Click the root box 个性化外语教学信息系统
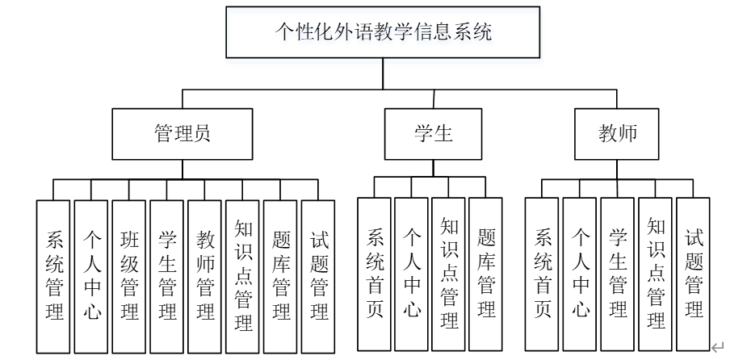(383, 32)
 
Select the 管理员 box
(182, 134)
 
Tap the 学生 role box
(433, 134)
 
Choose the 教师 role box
(616, 134)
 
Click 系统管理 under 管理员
(53, 276)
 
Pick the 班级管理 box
(129, 276)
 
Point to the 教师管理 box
(204, 276)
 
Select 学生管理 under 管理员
(166, 276)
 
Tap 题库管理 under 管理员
(280, 276)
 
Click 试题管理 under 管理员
(318, 276)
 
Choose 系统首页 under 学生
(374, 274)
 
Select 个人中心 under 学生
(411, 274)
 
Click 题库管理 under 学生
(485, 274)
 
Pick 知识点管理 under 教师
(655, 274)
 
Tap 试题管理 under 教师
(693, 274)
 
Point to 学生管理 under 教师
(618, 274)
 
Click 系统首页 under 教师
(542, 274)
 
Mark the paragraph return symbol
(718, 347)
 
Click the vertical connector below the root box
(383, 73)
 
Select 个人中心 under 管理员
(91, 276)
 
